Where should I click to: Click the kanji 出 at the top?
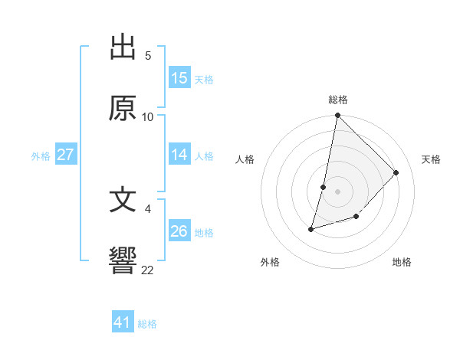[x=123, y=47]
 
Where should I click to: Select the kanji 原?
[x=123, y=108]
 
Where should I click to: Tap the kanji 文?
[x=123, y=201]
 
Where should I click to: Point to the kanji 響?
[x=123, y=261]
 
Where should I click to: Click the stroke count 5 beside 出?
[x=148, y=56]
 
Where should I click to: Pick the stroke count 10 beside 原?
[x=148, y=116]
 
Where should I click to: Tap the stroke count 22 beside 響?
[x=148, y=270]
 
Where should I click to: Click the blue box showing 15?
[x=179, y=78]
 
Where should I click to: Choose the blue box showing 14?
[x=179, y=155]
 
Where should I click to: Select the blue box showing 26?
[x=179, y=231]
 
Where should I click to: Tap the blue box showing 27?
[x=65, y=155]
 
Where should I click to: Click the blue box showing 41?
[x=123, y=323]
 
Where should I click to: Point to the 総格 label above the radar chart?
[x=338, y=100]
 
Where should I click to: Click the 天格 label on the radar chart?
[x=431, y=159]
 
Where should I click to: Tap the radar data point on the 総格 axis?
[x=337, y=116]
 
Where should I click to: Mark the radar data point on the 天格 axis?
[x=396, y=172]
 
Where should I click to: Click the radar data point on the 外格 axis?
[x=311, y=229]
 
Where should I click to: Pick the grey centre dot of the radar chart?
[x=337, y=191]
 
